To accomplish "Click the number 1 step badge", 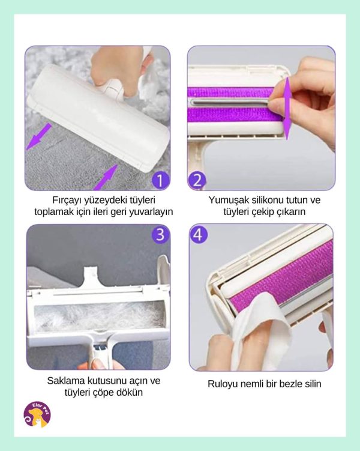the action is pos(160,180).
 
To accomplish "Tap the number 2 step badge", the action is pos(197,180).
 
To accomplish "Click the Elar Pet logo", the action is pos(37,414).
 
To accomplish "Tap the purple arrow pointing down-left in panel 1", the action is pos(39,137).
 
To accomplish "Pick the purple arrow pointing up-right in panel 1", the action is pos(106,178).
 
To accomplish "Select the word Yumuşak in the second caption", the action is pos(229,200).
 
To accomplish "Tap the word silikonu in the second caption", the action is pos(267,200).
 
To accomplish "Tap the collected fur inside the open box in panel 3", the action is pos(99,316).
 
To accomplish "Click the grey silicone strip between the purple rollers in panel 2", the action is pos(230,103).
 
